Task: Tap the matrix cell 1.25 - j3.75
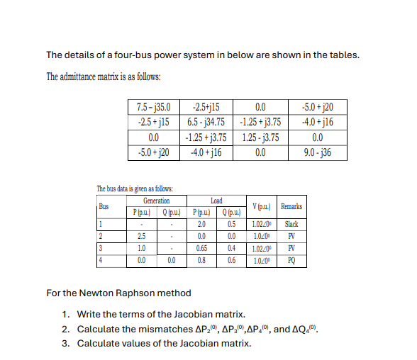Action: (260, 138)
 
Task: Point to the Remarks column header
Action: (291, 206)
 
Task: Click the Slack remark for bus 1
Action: (291, 224)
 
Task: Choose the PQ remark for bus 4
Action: (291, 260)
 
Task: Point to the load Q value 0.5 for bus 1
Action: (230, 224)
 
